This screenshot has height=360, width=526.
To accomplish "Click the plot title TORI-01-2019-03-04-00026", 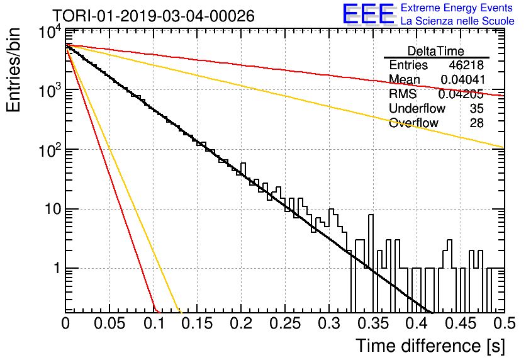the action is pos(154,16).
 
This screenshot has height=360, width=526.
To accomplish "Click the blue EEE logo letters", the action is pos(369,14).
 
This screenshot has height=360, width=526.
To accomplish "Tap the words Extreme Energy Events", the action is pos(457,8).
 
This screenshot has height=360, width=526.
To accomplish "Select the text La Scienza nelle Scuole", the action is pos(457,21).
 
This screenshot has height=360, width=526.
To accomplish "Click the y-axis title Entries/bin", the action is pos(13,70).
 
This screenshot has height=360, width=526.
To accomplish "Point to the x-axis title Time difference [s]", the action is pos(430,346).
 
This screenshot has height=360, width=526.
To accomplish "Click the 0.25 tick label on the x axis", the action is pos(285,323).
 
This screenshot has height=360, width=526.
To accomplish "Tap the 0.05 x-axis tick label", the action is pos(109,323).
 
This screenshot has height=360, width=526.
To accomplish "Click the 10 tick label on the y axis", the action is pos(53,210).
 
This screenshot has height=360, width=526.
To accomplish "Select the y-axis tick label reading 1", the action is pos(57,269).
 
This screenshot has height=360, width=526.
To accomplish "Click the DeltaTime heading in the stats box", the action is pos(436,51).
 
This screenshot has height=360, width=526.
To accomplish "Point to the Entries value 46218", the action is pos(466,65).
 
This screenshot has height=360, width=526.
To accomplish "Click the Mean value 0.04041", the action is pos(462,79).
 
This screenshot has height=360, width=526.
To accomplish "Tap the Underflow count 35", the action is pos(476,108).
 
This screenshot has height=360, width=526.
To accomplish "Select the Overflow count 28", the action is pos(476,123).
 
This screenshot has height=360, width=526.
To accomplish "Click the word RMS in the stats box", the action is pos(403,94).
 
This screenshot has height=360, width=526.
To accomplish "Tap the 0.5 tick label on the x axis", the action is pos(504,323).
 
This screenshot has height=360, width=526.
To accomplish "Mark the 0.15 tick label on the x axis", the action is pos(198,323).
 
